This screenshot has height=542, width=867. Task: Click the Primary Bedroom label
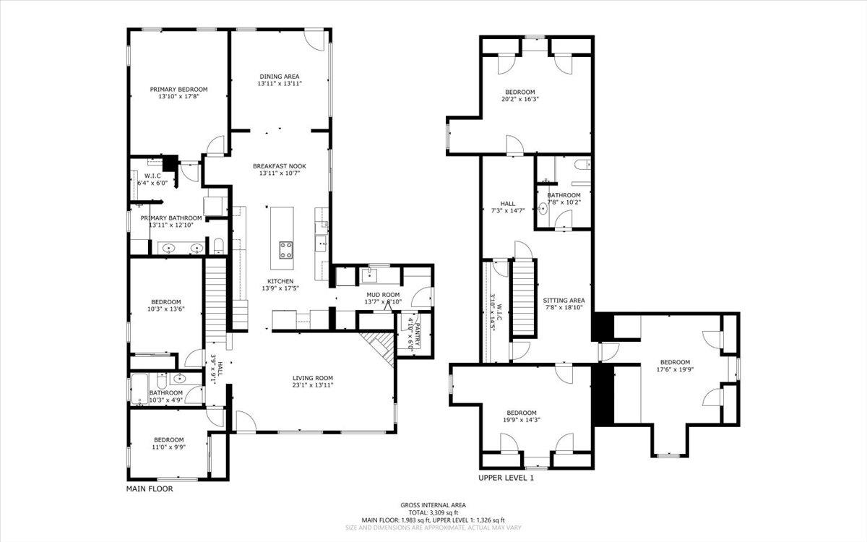(x=178, y=90)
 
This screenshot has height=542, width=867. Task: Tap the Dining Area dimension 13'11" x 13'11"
(x=279, y=84)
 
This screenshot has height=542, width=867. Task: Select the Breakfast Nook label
(x=279, y=166)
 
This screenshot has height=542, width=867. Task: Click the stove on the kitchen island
(x=286, y=250)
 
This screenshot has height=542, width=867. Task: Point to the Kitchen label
(x=280, y=281)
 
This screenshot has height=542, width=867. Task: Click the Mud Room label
(x=382, y=295)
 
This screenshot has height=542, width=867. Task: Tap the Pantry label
(x=415, y=332)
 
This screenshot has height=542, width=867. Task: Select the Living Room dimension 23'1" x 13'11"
(x=312, y=386)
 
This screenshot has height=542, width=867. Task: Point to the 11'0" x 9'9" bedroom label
(x=168, y=439)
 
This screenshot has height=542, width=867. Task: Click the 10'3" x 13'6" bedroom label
(x=165, y=302)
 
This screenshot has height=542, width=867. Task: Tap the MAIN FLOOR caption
(x=150, y=489)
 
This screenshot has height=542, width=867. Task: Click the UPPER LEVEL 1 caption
(x=506, y=478)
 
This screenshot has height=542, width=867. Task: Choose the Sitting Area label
(x=564, y=301)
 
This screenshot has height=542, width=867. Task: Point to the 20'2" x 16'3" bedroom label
(x=519, y=92)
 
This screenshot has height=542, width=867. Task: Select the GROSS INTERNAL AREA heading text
(x=433, y=505)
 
